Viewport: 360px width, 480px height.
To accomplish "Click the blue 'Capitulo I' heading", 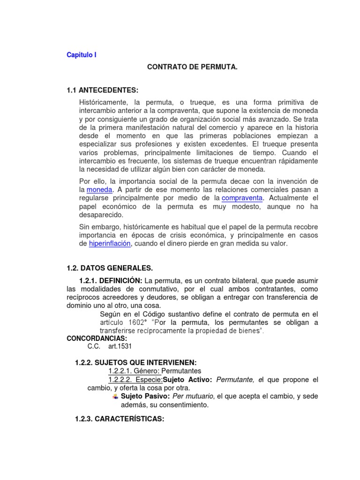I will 82,55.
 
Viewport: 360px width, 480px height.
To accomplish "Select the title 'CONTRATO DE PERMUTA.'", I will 193,68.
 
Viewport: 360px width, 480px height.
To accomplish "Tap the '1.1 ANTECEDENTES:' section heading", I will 103,90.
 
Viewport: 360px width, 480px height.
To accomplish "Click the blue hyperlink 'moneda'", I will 99,189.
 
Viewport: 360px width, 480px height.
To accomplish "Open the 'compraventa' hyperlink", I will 242,198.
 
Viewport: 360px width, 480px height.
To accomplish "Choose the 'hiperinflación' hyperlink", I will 110,244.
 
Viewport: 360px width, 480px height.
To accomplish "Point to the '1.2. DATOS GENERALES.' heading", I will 110,268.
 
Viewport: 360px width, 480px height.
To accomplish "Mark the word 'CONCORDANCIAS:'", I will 97,338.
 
